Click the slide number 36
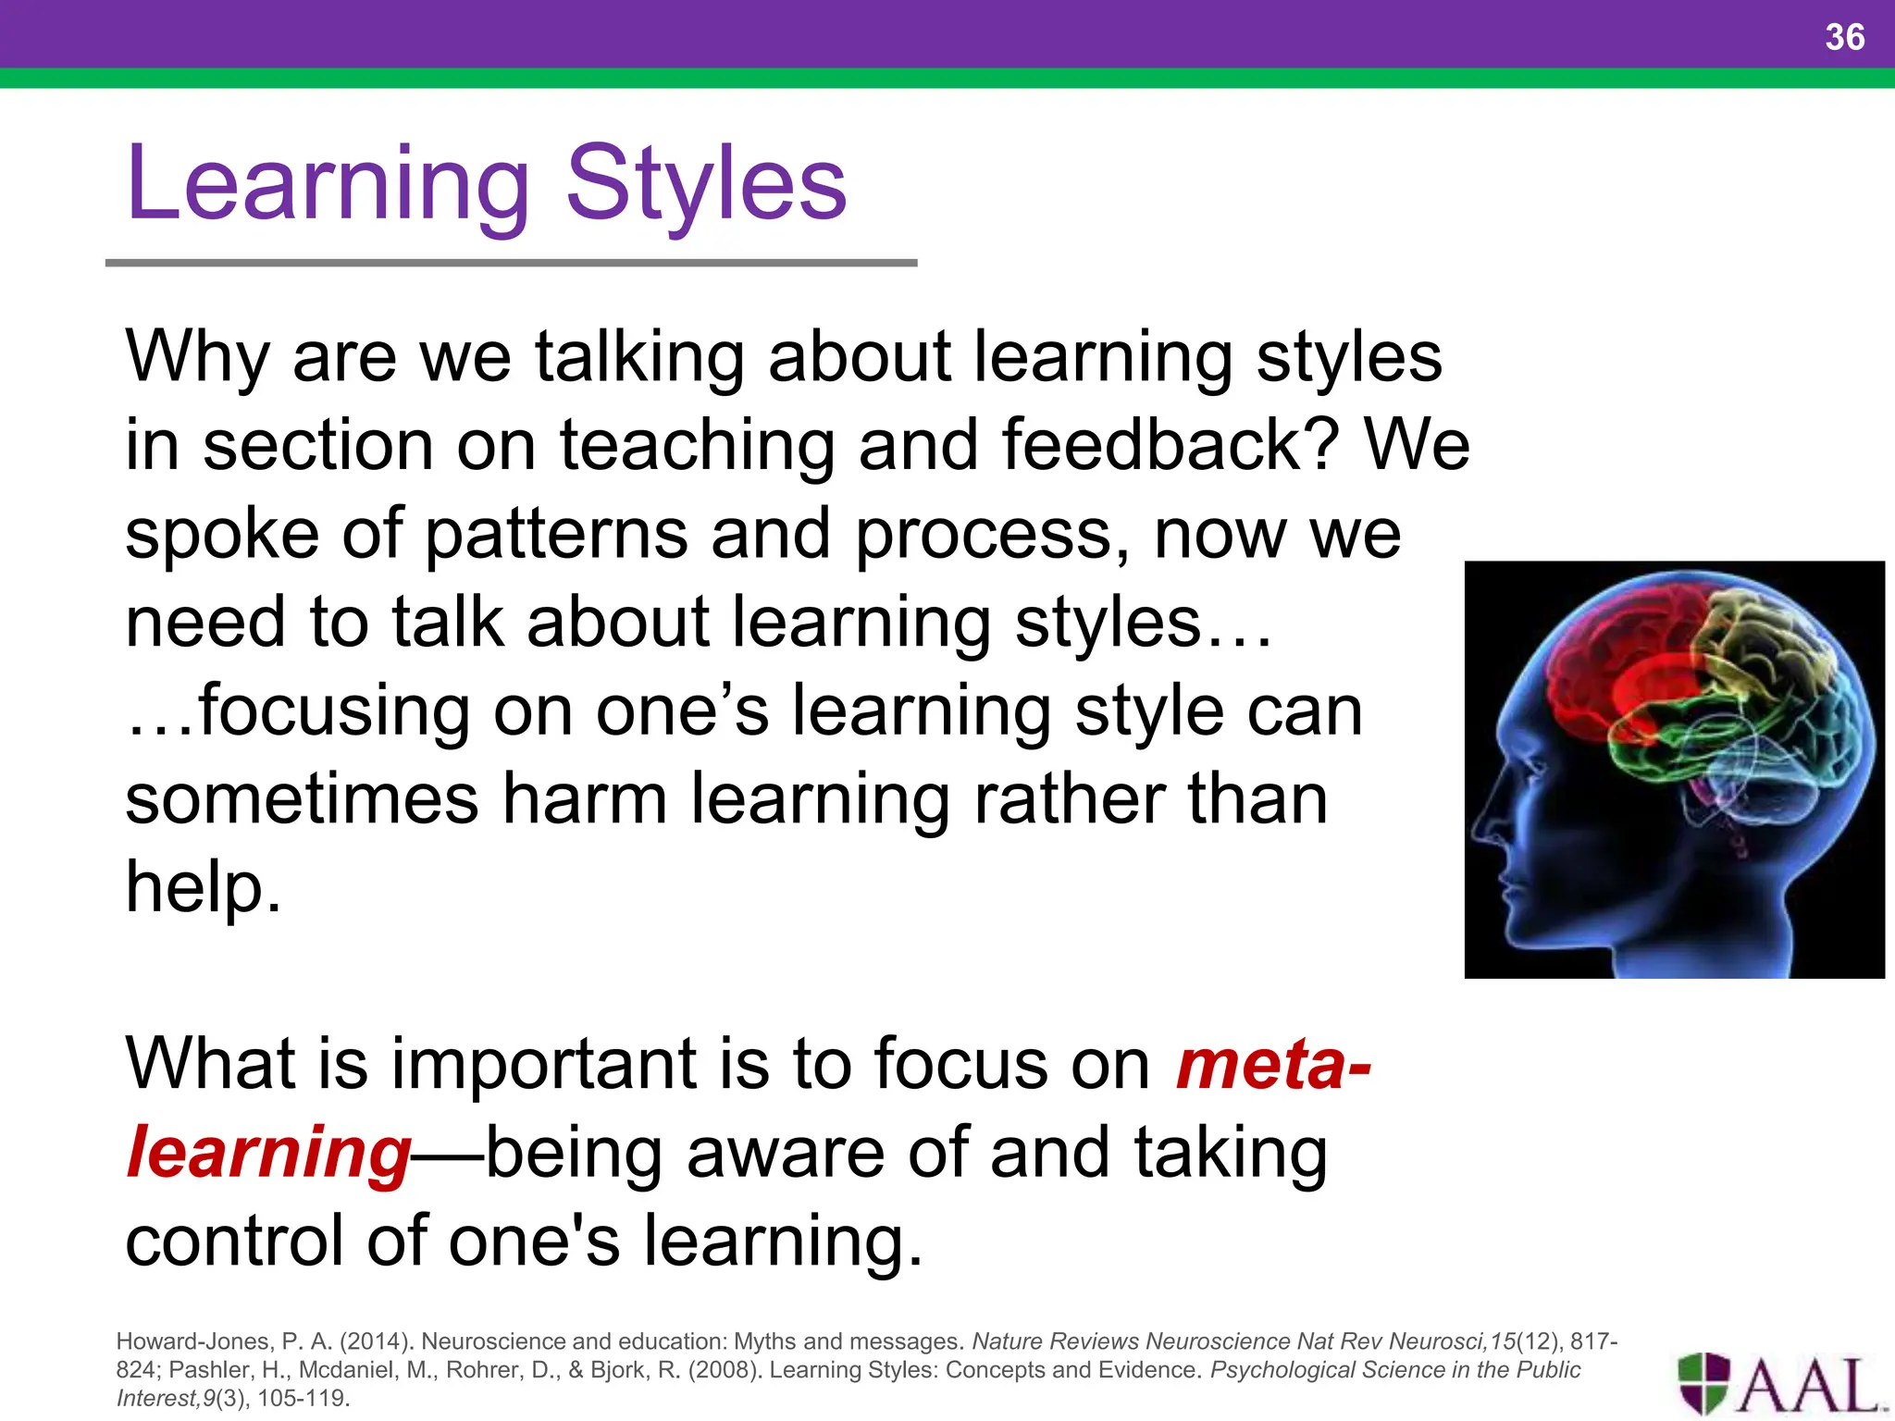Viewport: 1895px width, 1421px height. click(1844, 37)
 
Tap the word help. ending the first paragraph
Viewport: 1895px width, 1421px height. click(203, 886)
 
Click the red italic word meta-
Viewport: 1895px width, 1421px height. click(1272, 1064)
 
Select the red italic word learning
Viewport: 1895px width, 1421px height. click(268, 1153)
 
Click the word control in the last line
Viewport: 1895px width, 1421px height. click(235, 1241)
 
